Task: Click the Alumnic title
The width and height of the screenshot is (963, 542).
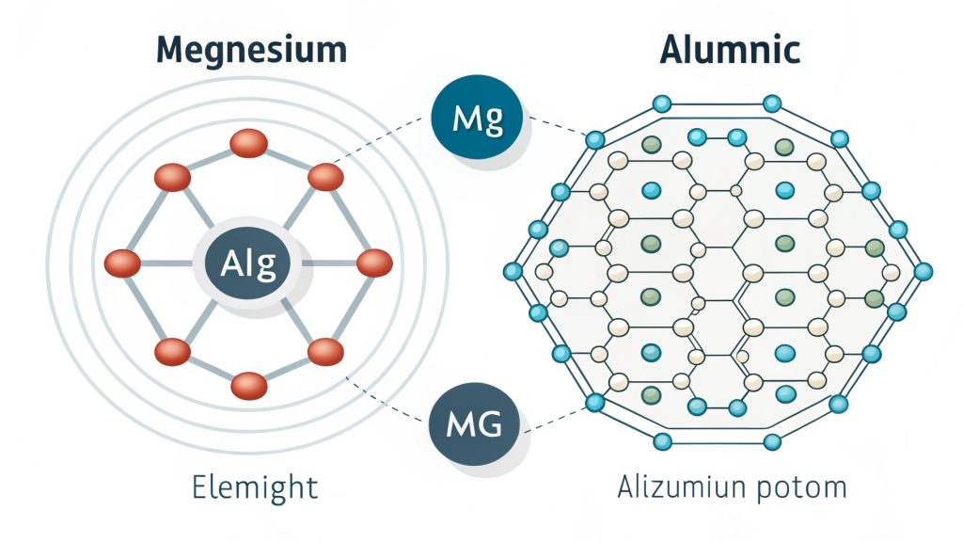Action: pyautogui.click(x=729, y=48)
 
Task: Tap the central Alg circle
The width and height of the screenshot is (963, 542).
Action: pyautogui.click(x=248, y=264)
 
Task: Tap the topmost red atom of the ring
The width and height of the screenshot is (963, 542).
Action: pyautogui.click(x=248, y=143)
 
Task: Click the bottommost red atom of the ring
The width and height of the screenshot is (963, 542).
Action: pyautogui.click(x=248, y=385)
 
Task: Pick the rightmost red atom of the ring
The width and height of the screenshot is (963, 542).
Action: pyautogui.click(x=374, y=263)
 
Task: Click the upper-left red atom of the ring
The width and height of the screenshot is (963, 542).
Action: pyautogui.click(x=172, y=176)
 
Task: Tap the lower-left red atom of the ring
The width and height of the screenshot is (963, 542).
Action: pyautogui.click(x=172, y=352)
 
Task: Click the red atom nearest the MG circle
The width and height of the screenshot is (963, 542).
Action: pyautogui.click(x=325, y=352)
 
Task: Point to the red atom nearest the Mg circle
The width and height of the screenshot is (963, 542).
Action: pyautogui.click(x=325, y=176)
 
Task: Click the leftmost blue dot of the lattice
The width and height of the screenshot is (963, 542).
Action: pyautogui.click(x=513, y=271)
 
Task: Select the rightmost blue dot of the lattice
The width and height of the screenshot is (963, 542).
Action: pyautogui.click(x=924, y=271)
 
